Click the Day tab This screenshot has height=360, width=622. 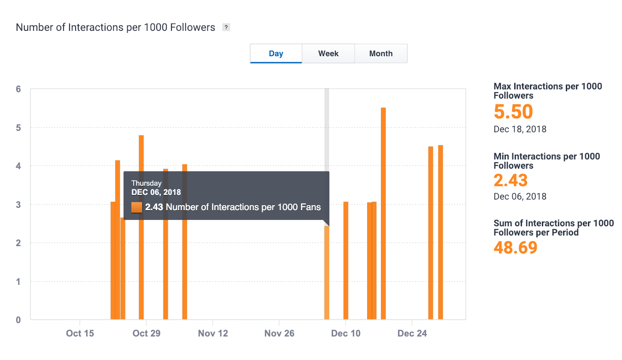pos(276,53)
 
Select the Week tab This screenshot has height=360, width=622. pos(328,53)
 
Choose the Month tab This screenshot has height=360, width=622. pos(381,53)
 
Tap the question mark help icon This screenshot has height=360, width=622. pos(226,27)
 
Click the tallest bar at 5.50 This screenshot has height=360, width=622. pos(383,212)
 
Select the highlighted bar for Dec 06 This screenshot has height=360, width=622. pos(327,272)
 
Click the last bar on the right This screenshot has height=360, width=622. pos(440,230)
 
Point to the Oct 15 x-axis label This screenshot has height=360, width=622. pos(80,333)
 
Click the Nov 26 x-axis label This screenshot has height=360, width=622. pos(279,333)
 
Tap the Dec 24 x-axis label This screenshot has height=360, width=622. pos(412,333)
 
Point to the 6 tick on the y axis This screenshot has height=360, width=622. pos(18,89)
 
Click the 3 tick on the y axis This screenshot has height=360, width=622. pos(18,204)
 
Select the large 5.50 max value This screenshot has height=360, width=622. pos(513,112)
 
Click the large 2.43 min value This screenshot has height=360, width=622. pos(511,180)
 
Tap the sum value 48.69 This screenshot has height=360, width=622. pos(516,248)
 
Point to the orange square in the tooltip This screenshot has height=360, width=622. pos(136,207)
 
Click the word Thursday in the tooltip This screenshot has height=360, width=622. pos(147,183)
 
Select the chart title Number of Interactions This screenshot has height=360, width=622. pos(115,27)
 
